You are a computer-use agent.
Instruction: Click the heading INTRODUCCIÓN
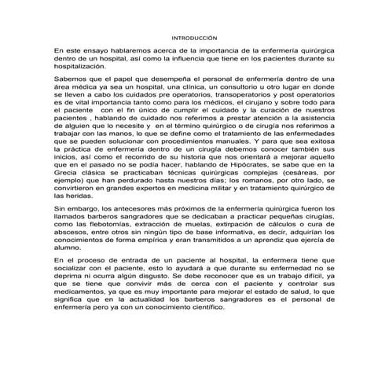coord(194,37)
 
